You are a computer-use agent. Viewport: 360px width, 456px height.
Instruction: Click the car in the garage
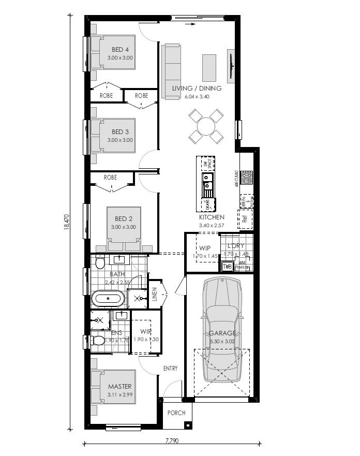[222, 331]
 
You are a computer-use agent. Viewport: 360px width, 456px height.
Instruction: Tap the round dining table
[206, 126]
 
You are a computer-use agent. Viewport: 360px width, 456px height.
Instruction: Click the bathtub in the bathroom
[108, 299]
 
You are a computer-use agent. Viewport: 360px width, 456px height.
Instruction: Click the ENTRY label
[170, 369]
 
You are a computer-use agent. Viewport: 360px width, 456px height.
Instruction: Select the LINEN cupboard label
[154, 295]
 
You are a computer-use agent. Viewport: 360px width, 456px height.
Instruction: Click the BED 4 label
[120, 50]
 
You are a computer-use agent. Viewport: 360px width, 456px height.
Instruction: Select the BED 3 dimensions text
[120, 140]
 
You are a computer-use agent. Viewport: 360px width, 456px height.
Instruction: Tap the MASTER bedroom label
[119, 387]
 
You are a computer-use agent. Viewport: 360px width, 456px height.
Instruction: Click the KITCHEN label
[212, 217]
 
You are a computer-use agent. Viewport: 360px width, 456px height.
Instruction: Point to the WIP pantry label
[205, 248]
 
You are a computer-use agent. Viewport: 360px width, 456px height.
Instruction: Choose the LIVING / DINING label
[197, 89]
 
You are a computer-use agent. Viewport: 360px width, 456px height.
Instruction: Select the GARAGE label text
[222, 333]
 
